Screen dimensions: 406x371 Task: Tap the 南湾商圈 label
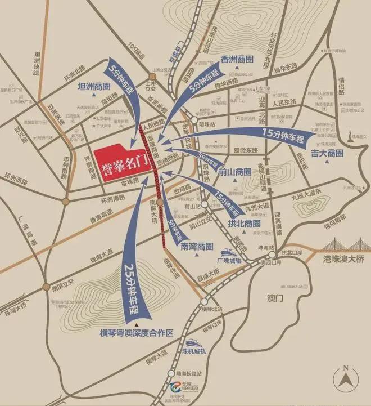click(x=196, y=246)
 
